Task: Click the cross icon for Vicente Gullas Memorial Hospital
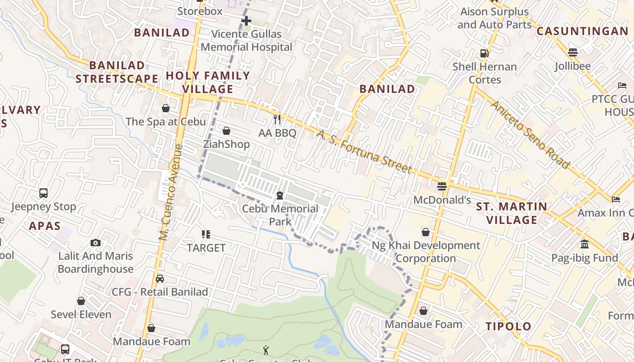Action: click(x=246, y=21)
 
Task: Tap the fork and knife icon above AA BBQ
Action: click(x=277, y=119)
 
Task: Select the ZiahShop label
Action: click(x=226, y=144)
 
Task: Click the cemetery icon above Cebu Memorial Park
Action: click(x=280, y=195)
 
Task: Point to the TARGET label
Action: click(x=206, y=248)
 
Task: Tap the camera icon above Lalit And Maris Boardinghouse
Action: click(x=95, y=243)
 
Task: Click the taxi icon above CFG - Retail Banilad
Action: click(x=159, y=279)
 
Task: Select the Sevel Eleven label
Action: click(x=81, y=314)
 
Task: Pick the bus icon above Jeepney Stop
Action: click(x=43, y=193)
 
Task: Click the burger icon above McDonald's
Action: click(x=442, y=186)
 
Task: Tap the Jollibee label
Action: click(x=573, y=66)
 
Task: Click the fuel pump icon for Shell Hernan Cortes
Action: click(x=485, y=53)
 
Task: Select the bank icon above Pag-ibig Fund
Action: click(x=584, y=244)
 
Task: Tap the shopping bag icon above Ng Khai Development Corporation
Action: click(x=426, y=232)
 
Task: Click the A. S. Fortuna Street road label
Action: click(x=364, y=152)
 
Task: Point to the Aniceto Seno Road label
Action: click(x=530, y=135)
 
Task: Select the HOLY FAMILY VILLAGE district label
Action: click(x=208, y=82)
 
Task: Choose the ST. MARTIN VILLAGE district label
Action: click(x=511, y=213)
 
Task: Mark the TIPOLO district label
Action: click(x=508, y=326)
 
